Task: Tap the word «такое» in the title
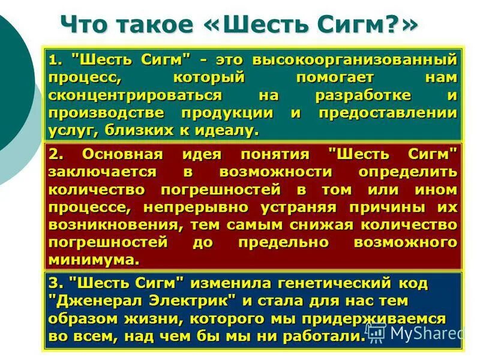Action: tap(153, 25)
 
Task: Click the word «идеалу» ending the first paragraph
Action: tap(230, 130)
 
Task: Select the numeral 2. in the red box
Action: tap(56, 154)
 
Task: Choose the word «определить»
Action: tap(407, 172)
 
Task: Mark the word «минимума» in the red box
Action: tap(93, 260)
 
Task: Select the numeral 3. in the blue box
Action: tap(56, 283)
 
